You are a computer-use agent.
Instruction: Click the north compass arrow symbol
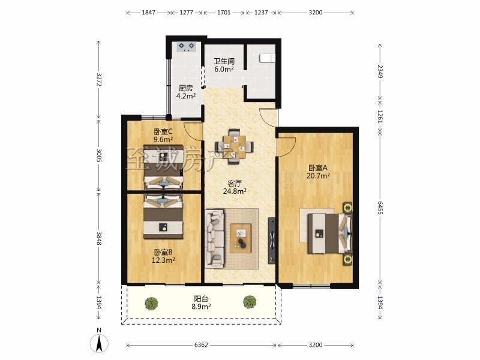99,343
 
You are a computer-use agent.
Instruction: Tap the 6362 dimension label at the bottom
201,345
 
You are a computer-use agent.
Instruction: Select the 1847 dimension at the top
148,13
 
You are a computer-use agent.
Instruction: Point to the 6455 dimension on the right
380,208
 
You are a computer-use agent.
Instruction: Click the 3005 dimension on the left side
98,155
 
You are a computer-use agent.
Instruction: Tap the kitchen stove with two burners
187,46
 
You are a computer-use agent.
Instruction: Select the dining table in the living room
235,146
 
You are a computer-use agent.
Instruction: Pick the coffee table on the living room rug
241,238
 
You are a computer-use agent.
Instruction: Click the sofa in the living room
215,238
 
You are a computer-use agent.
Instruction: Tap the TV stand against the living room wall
272,241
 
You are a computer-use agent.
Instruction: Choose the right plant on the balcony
250,302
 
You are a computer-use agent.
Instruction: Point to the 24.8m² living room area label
235,191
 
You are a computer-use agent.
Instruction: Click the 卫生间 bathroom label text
224,61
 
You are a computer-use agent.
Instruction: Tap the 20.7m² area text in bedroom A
318,176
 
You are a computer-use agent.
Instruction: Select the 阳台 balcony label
201,299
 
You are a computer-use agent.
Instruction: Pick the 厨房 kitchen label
186,88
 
